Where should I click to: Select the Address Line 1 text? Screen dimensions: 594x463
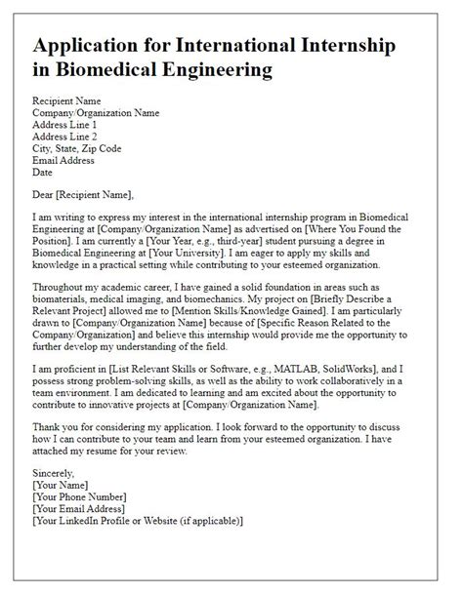pyautogui.click(x=64, y=125)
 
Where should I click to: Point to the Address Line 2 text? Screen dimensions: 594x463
pyautogui.click(x=64, y=137)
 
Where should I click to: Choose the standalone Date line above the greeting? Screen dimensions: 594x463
pyautogui.click(x=44, y=174)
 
